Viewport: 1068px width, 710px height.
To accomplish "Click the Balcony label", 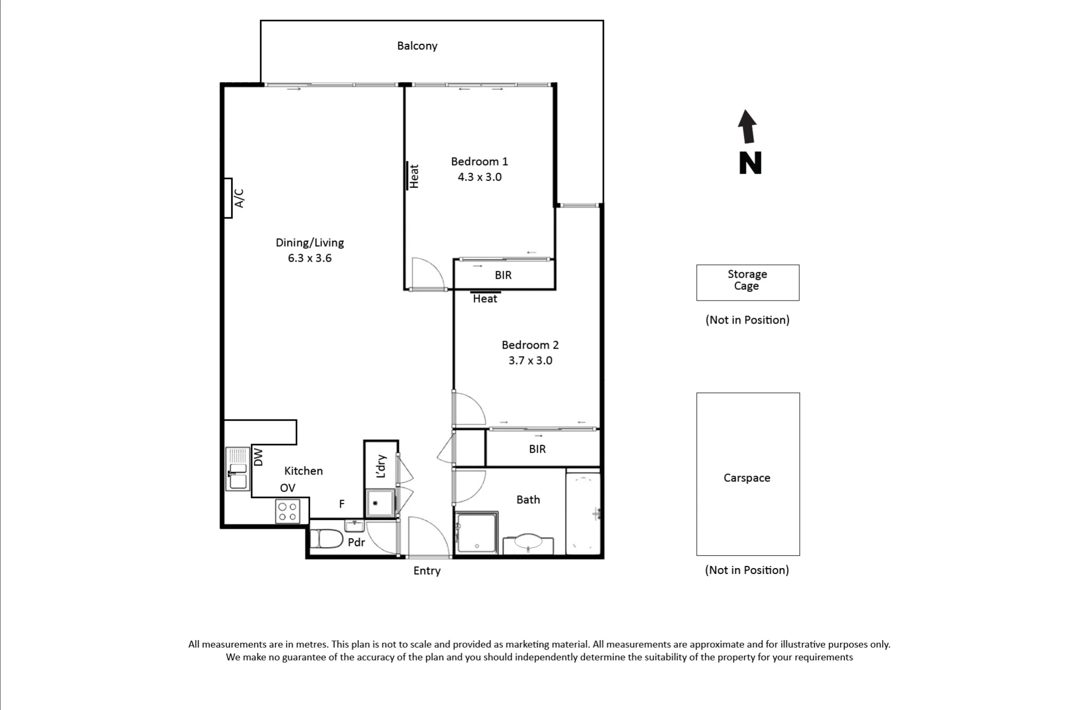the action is pos(417,46).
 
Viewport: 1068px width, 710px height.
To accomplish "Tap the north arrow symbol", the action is pos(747,127).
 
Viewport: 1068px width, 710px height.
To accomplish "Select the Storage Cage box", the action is pos(748,282).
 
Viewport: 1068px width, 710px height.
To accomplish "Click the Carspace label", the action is pos(747,478).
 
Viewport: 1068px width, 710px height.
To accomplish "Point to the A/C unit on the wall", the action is pos(228,198).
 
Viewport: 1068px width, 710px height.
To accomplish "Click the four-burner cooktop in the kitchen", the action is pos(287,511).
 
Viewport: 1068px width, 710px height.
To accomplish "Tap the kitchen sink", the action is pos(238,469).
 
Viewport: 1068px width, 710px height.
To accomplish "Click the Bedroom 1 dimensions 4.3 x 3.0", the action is pos(480,177).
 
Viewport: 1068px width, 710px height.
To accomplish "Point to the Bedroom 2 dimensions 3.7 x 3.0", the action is pos(530,360).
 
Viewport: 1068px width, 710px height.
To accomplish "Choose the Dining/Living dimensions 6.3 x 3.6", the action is pos(310,258).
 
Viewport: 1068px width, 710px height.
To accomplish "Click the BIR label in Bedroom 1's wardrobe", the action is pos(503,275).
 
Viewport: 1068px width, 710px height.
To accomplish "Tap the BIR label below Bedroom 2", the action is pos(537,449).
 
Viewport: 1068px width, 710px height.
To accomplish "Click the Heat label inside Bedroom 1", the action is pos(414,176).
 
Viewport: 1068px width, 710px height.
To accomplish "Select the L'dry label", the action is pos(381,466).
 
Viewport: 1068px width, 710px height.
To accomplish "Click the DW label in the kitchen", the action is pos(258,457).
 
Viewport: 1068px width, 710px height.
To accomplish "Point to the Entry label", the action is pos(427,571).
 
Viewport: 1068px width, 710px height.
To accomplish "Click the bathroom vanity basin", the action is pos(528,543).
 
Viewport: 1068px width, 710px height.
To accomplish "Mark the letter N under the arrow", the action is pos(750,163).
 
